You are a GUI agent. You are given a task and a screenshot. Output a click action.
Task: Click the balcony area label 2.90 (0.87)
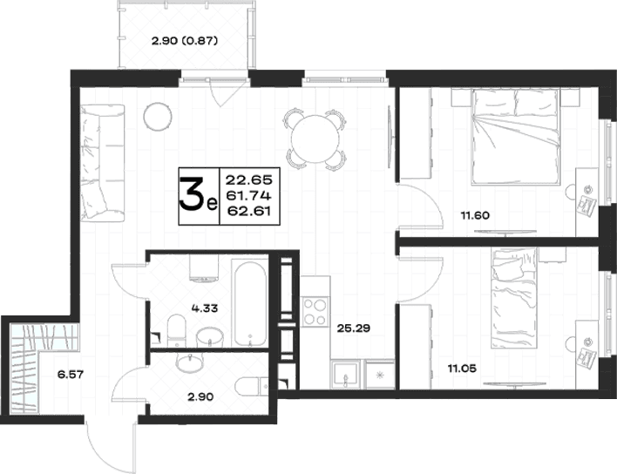click(185, 41)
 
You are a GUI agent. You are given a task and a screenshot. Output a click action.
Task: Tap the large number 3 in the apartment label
click(192, 195)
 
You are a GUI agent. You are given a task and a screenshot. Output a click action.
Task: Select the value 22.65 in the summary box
click(248, 180)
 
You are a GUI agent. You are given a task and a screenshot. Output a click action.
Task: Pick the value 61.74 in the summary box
click(248, 195)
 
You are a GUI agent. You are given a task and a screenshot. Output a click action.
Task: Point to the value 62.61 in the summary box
click(249, 211)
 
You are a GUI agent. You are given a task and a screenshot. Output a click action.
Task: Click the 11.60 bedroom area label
click(475, 215)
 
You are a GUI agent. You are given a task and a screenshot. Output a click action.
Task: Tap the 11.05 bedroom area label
click(462, 369)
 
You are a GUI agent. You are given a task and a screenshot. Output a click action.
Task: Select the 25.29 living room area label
click(354, 328)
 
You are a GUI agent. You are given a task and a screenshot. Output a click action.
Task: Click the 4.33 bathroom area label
click(205, 308)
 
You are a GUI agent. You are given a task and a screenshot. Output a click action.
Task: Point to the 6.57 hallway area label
click(71, 374)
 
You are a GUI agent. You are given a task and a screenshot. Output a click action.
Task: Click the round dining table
click(315, 139)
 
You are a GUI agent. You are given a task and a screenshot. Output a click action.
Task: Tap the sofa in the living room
click(103, 163)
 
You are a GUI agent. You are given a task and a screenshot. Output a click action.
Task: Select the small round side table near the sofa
click(158, 117)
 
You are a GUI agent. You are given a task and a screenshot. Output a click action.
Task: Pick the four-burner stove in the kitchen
click(315, 312)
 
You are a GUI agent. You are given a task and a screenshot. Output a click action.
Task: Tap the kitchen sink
click(345, 375)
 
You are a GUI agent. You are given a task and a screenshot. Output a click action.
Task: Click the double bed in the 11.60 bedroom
click(516, 137)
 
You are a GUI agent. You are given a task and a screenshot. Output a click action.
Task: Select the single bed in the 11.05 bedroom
click(514, 298)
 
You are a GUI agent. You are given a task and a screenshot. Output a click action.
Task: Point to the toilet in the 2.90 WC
click(252, 386)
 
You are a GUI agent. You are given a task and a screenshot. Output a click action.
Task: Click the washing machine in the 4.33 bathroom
click(204, 267)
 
